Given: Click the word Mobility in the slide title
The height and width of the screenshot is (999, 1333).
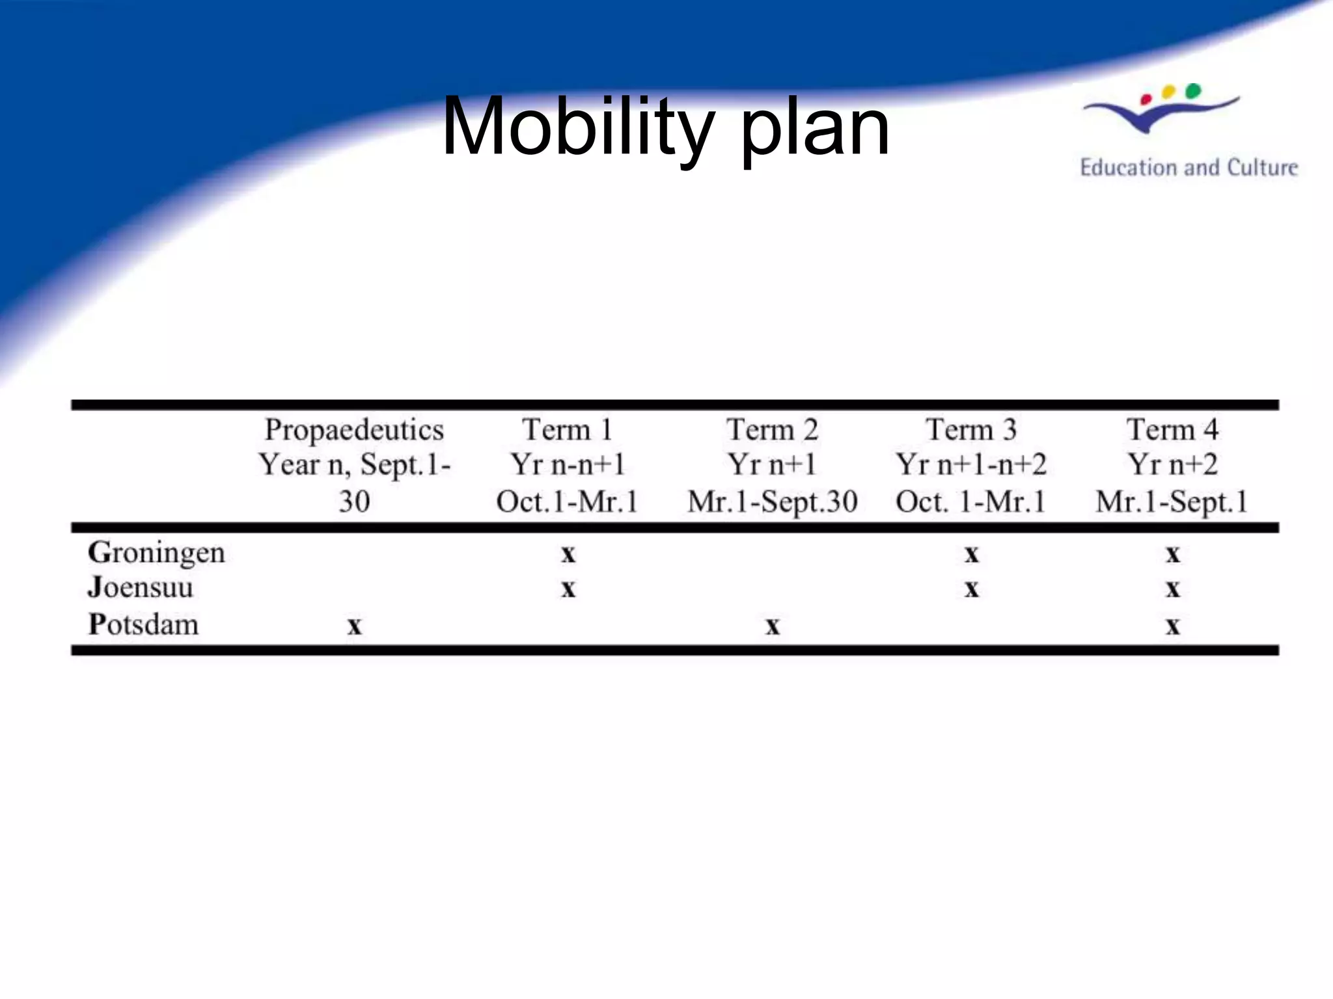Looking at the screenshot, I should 578,127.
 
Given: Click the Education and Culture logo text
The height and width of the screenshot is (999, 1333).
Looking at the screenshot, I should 1189,168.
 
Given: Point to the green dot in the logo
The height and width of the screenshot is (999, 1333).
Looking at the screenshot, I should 1193,91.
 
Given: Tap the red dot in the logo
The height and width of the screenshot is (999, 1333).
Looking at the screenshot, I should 1147,100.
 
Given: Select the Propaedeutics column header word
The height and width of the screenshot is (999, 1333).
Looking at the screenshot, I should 354,431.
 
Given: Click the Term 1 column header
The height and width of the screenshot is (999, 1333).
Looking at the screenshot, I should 567,431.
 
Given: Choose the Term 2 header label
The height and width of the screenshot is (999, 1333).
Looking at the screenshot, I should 772,431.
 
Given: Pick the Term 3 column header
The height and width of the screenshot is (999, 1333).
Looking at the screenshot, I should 971,431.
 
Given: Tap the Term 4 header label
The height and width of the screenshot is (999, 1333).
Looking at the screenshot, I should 1172,431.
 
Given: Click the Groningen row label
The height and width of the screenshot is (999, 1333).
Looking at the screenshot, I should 156,553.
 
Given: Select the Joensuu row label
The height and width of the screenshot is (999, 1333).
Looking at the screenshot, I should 141,587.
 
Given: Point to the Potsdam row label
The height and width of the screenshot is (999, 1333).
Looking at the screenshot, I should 143,624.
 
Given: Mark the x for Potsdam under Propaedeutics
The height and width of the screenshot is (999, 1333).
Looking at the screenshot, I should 354,626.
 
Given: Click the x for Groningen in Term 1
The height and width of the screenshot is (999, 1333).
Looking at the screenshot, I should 568,554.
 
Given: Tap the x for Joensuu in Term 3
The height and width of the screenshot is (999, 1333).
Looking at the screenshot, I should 971,589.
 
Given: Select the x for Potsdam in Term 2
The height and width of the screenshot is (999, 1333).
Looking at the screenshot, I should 772,626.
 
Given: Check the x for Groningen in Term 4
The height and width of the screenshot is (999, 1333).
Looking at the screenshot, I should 1172,554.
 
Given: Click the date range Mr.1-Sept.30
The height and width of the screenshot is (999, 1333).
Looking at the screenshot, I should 772,502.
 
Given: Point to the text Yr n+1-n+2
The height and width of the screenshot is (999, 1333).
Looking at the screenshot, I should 971,465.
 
